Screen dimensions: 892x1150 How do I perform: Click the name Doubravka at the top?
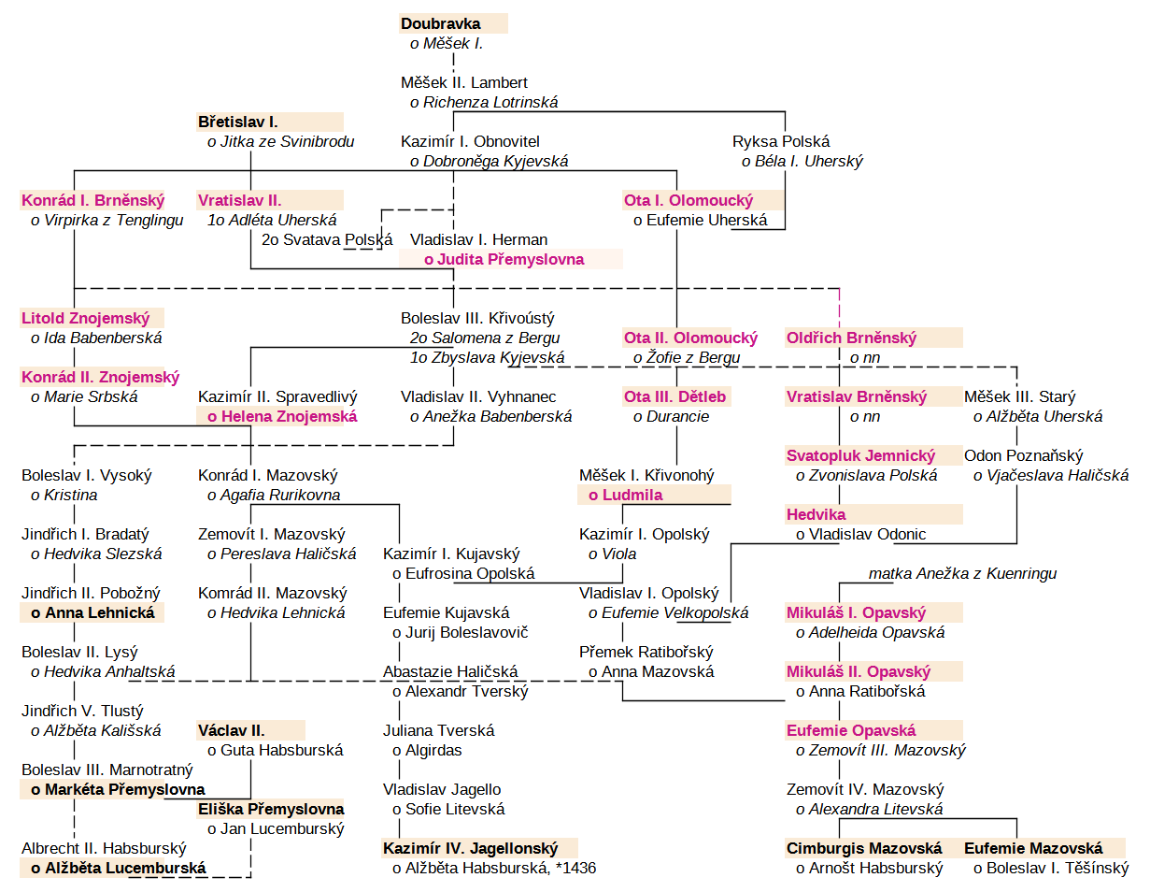pos(440,24)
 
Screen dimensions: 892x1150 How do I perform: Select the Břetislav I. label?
pos(238,122)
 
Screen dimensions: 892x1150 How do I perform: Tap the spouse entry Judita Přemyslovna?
pos(504,259)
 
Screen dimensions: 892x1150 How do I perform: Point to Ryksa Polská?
pos(781,142)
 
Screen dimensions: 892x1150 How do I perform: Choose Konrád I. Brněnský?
pos(92,200)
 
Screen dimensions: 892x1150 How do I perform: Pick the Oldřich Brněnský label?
pos(851,338)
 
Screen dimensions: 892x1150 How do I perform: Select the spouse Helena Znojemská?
pos(282,417)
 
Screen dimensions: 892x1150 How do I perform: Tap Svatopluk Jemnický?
pos(860,455)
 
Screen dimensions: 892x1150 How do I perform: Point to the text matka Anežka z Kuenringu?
pos(962,573)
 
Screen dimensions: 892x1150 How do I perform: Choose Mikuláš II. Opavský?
pos(859,671)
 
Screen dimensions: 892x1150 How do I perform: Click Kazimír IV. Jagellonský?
pos(471,848)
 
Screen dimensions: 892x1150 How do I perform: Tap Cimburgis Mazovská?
pos(864,848)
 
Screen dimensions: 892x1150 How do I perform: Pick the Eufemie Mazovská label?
pos(1033,848)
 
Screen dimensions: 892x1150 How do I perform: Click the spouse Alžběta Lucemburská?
pos(125,868)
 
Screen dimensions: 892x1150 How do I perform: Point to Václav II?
pos(231,730)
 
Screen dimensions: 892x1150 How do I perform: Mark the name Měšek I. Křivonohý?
pos(646,475)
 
